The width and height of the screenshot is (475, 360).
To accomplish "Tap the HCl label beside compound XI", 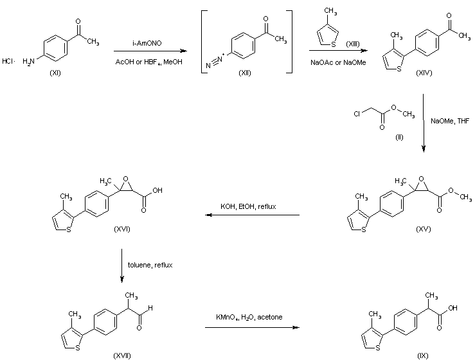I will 8,62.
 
